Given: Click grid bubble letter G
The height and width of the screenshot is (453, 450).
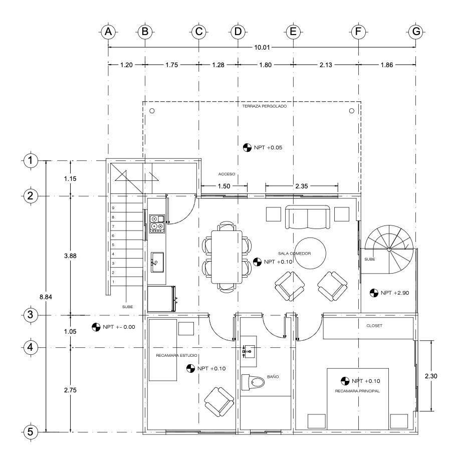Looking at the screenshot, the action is [x=416, y=32].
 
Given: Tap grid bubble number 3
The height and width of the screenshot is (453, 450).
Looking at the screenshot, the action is [x=31, y=315].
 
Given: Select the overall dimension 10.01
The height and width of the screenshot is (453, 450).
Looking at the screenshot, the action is [x=262, y=48].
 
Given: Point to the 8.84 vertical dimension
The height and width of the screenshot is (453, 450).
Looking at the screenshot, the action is [x=46, y=297].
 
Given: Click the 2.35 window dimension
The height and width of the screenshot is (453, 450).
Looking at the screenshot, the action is [x=302, y=186].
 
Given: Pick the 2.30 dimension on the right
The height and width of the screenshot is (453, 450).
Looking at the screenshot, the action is [x=431, y=376].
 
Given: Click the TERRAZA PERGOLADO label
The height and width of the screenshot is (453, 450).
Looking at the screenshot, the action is [x=264, y=106].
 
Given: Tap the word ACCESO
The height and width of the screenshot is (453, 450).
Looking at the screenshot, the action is [x=227, y=174].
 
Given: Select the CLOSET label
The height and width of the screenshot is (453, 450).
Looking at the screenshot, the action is [x=374, y=326].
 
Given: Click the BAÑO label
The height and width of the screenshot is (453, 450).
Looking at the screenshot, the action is [x=273, y=377].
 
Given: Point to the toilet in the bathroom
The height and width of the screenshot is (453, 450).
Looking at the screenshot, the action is [x=253, y=382].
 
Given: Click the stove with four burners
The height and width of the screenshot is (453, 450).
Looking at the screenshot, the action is [x=157, y=223].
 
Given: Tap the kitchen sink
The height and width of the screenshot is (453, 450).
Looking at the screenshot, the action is [x=157, y=262].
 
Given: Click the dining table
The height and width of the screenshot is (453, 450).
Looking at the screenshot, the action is [x=227, y=257].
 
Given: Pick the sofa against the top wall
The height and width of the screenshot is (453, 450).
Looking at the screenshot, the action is [x=307, y=217].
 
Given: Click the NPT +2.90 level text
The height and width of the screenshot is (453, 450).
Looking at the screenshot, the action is [x=394, y=293].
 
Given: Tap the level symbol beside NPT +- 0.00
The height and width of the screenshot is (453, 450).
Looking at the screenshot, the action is [x=96, y=327].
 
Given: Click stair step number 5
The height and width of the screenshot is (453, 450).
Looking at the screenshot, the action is [x=113, y=245].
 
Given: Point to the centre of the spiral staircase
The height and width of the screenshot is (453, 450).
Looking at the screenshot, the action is [x=389, y=249].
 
